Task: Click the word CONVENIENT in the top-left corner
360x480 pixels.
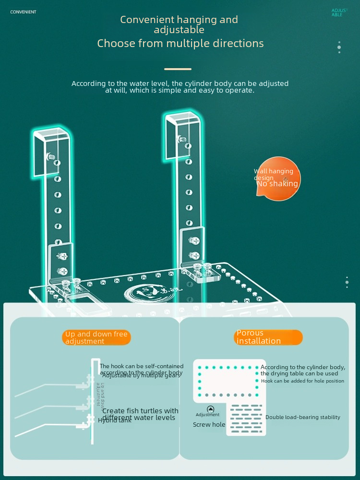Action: [x=23, y=12]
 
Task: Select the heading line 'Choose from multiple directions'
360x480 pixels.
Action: [x=180, y=44]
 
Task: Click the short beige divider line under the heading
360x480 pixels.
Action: [x=178, y=69]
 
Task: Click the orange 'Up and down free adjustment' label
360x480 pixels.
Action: [x=96, y=337]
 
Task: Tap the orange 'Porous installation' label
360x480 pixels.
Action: [x=268, y=337]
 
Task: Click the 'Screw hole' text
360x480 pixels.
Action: [x=209, y=425]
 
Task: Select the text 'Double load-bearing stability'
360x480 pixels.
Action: [x=303, y=418]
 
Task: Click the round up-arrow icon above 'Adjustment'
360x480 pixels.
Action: [x=210, y=409]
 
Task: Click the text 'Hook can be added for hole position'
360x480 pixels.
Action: [x=303, y=381]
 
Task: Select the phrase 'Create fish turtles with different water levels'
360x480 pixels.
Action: [x=140, y=414]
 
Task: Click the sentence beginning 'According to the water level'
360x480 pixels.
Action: [x=180, y=87]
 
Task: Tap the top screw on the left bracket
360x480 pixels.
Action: [x=49, y=156]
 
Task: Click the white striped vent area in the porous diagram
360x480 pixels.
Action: [x=246, y=419]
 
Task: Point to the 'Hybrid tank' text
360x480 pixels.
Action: [x=115, y=420]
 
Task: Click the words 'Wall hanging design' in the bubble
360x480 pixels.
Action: [x=274, y=174]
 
